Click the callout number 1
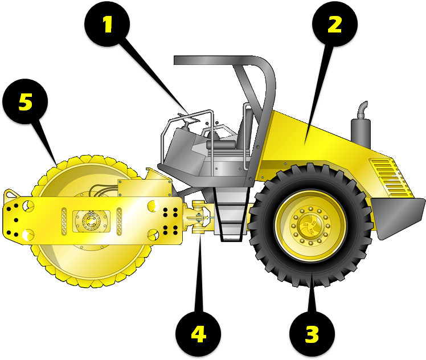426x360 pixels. coord(106,24)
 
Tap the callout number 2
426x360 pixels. coord(334,24)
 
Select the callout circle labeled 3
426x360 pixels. coord(312,335)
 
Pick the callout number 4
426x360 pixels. coord(198,335)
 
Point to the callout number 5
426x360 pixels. coord(24,103)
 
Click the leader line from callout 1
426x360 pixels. coord(154,74)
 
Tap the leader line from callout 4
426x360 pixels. coord(199,273)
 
